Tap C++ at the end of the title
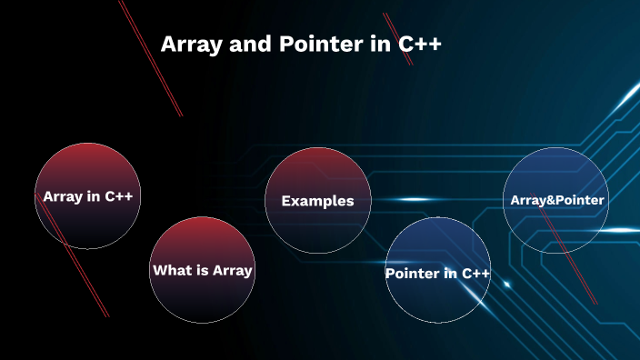(x=421, y=45)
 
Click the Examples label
(x=317, y=201)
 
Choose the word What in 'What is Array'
(x=171, y=270)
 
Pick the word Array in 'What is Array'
(x=231, y=270)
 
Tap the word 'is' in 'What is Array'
(x=200, y=270)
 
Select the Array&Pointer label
(x=556, y=199)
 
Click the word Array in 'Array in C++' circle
(x=63, y=196)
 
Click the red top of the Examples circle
(x=317, y=164)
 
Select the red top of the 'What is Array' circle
(x=201, y=235)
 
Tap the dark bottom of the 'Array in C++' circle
(x=88, y=232)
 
